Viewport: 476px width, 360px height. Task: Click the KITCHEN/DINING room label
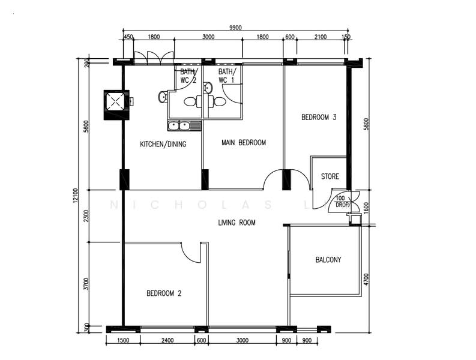(x=163, y=144)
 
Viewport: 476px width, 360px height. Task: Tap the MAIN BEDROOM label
(x=243, y=143)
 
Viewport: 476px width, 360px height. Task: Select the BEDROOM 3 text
(x=318, y=118)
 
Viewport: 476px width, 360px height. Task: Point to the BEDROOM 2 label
(x=163, y=293)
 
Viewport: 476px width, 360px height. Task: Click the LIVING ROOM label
(x=236, y=223)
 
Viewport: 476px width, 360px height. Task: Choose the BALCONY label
(x=328, y=260)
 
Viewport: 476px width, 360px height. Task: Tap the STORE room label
(x=330, y=177)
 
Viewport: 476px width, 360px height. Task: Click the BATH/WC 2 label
(x=188, y=76)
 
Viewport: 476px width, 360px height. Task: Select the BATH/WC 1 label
(x=226, y=76)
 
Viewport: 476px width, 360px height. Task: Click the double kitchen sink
(x=178, y=125)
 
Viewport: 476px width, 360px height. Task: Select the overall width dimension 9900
(x=235, y=27)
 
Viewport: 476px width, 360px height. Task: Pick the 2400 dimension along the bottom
(x=167, y=341)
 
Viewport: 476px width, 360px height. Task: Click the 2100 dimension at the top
(x=320, y=37)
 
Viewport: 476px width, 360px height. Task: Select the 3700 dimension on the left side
(x=87, y=283)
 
